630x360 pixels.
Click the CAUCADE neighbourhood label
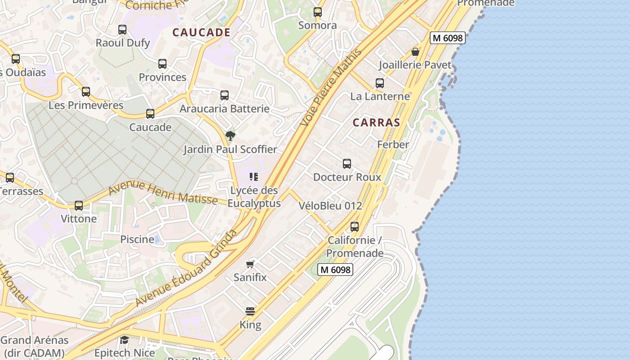(202, 32)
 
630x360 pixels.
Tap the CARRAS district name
(376, 122)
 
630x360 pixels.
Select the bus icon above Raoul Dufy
(122, 30)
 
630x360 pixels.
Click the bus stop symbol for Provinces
(162, 64)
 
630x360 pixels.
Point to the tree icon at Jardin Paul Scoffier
(230, 135)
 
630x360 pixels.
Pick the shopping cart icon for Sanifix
(250, 264)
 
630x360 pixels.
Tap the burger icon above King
(250, 311)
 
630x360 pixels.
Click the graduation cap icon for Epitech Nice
(124, 340)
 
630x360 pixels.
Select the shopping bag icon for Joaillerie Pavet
(415, 52)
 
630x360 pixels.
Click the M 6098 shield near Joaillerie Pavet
(447, 38)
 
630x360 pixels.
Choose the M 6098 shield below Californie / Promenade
(335, 270)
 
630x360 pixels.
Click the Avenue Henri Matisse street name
(163, 193)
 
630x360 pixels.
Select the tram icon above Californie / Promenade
(355, 226)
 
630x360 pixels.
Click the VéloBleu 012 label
(330, 206)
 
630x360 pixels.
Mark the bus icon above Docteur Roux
(346, 164)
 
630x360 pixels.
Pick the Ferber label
(393, 144)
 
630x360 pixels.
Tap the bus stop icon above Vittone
(79, 206)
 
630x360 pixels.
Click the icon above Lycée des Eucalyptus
(254, 177)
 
